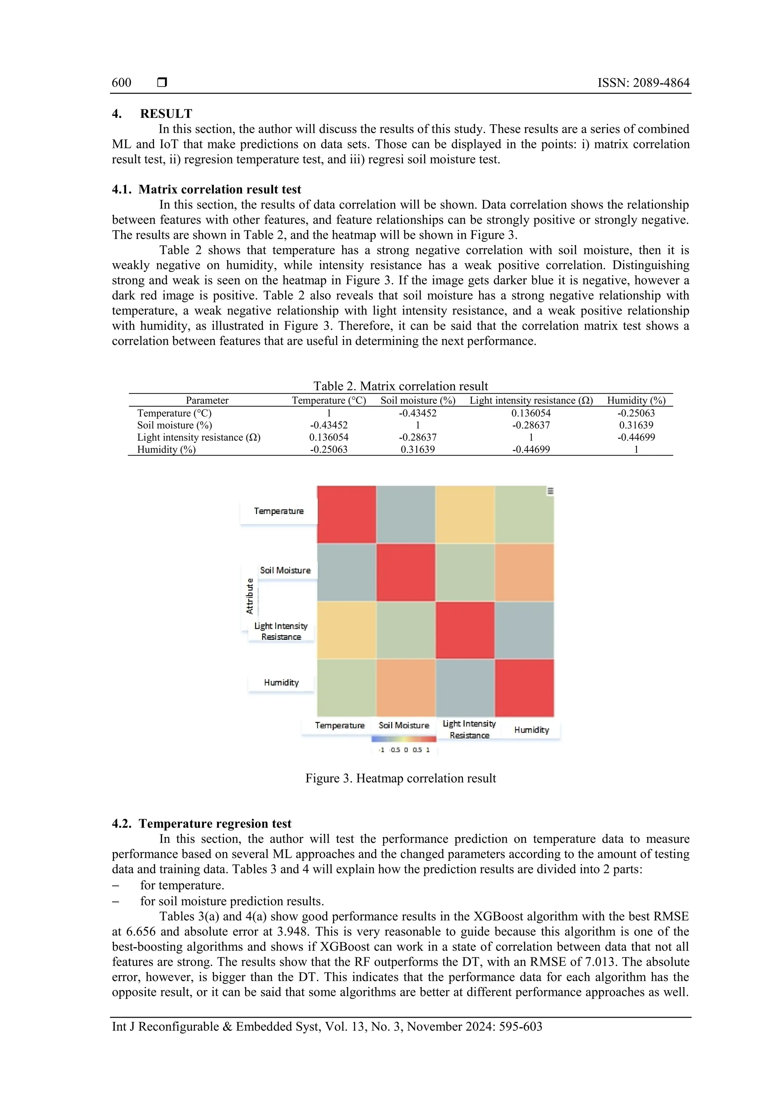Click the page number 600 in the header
(x=121, y=83)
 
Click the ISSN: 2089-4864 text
(x=643, y=83)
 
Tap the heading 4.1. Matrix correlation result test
(x=206, y=189)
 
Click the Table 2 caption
(x=400, y=386)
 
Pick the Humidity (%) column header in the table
(x=636, y=400)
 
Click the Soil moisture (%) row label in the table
(x=174, y=425)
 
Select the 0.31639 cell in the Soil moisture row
(x=636, y=425)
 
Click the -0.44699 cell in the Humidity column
(x=636, y=437)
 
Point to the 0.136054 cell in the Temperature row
(x=531, y=413)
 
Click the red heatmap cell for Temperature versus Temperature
(x=346, y=514)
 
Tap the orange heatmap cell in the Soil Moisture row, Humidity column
(x=525, y=572)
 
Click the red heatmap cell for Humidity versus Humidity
(x=525, y=688)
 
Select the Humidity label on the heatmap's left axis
(x=281, y=682)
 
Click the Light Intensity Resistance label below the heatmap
(x=469, y=729)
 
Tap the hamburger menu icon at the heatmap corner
(x=550, y=491)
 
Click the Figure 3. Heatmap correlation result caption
(x=400, y=778)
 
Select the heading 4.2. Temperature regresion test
(x=201, y=824)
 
